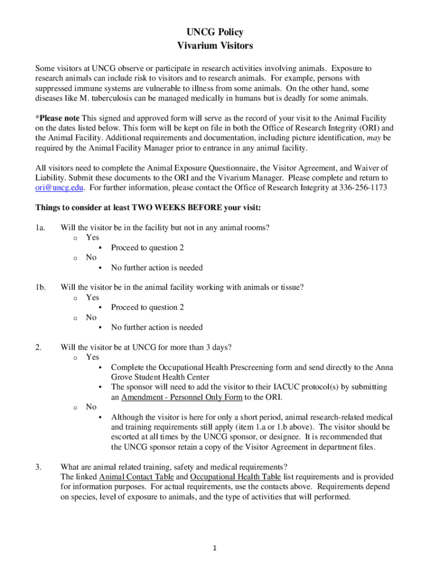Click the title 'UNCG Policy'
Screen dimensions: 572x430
coord(215,32)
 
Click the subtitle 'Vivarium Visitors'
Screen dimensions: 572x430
coord(215,45)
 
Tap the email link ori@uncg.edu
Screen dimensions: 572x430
coord(60,188)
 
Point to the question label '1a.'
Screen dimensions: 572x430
coord(40,227)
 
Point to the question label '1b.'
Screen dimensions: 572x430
coord(40,287)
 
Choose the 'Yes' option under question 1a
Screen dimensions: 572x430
coord(92,237)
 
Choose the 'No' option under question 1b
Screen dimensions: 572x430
coord(91,317)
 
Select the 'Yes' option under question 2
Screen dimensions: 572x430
coord(92,357)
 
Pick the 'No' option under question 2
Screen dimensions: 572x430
coord(91,407)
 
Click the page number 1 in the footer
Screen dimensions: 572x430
coord(215,548)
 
